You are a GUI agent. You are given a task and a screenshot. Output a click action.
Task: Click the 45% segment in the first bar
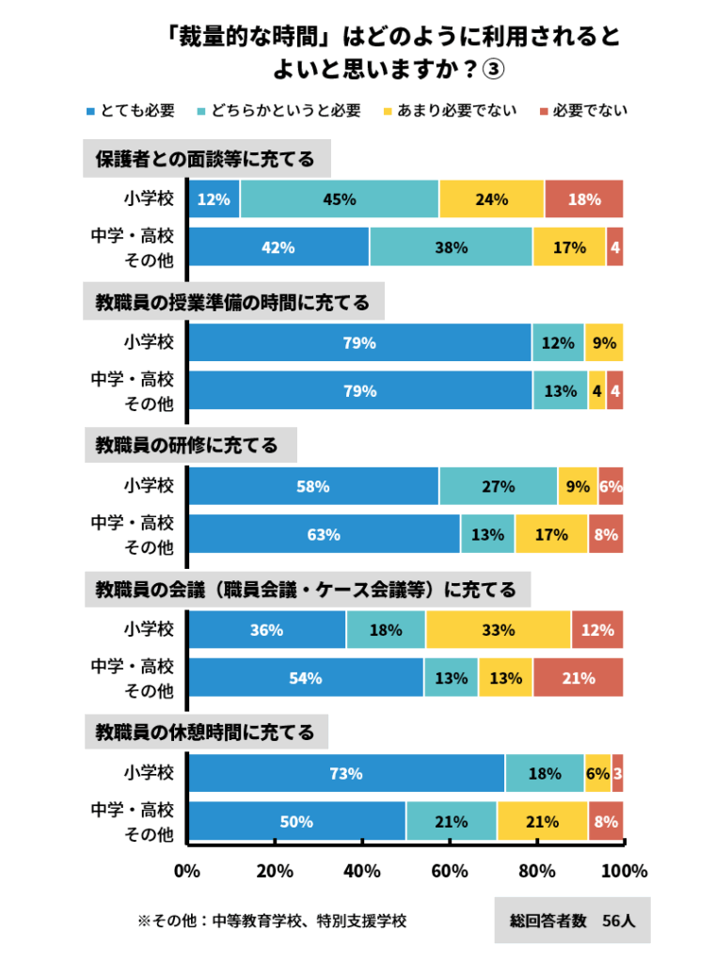click(340, 199)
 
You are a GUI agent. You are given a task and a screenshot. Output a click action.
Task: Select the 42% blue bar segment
click(279, 247)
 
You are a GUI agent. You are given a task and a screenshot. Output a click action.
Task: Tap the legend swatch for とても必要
click(89, 111)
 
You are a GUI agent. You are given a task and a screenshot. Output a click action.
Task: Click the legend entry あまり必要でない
click(455, 111)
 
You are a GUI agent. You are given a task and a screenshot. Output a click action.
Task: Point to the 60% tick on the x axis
click(450, 871)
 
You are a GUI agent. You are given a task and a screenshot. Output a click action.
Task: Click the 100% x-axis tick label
click(625, 871)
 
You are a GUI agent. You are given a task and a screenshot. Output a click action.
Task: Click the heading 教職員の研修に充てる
click(188, 445)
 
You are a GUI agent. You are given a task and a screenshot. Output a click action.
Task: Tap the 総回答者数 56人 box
click(572, 921)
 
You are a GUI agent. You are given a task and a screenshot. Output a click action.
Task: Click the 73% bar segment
click(346, 773)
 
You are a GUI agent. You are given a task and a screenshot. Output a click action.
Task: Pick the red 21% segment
click(578, 677)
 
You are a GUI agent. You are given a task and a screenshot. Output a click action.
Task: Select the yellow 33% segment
click(498, 630)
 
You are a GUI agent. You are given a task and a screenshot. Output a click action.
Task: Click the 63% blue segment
click(324, 534)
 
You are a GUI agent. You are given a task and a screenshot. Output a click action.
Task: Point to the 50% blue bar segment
click(296, 821)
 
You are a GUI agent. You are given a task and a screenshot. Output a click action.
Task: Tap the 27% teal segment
click(498, 486)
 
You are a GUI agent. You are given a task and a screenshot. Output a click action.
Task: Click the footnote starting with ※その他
click(272, 921)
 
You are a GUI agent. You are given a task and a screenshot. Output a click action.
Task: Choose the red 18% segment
click(583, 199)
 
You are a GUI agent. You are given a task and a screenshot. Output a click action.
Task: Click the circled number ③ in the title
click(494, 70)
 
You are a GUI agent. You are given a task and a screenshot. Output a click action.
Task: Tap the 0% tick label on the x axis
click(187, 871)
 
